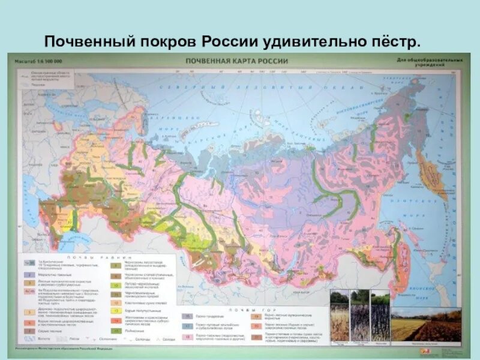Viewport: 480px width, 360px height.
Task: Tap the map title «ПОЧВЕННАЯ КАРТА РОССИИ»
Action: click(x=237, y=61)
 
